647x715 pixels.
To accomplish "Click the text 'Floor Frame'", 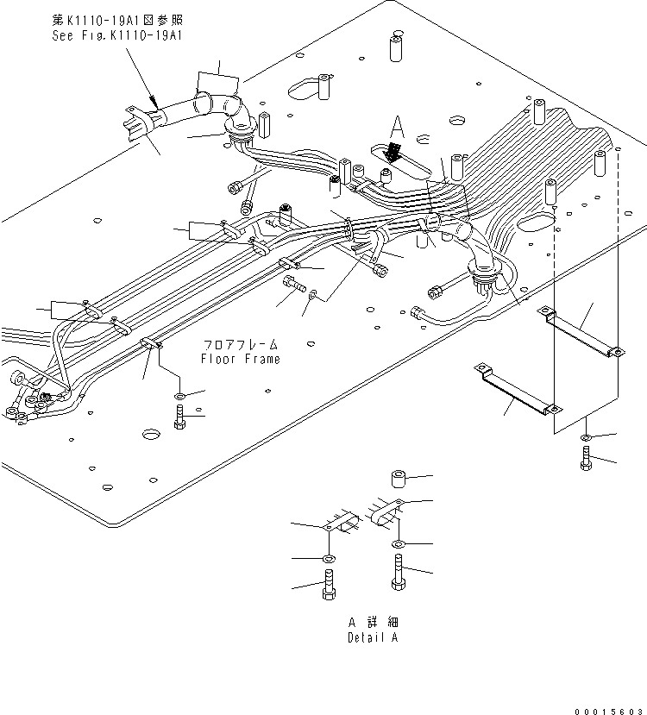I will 240,359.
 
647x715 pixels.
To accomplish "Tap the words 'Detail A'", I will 373,638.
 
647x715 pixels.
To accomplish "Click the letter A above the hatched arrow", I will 397,129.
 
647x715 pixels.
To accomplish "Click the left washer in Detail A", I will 330,560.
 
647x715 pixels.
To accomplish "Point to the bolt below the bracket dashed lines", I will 587,462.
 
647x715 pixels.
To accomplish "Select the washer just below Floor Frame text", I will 179,397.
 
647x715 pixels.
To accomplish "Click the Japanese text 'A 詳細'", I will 373,622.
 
